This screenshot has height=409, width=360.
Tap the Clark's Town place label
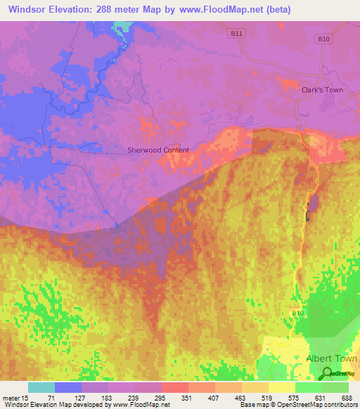click(322, 89)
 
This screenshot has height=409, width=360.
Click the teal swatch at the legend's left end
click(41, 387)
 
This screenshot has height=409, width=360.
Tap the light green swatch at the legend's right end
click(335, 387)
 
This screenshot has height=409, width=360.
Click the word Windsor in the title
click(28, 10)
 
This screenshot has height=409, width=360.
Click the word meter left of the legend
click(12, 398)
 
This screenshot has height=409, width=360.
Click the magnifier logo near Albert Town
click(326, 373)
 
